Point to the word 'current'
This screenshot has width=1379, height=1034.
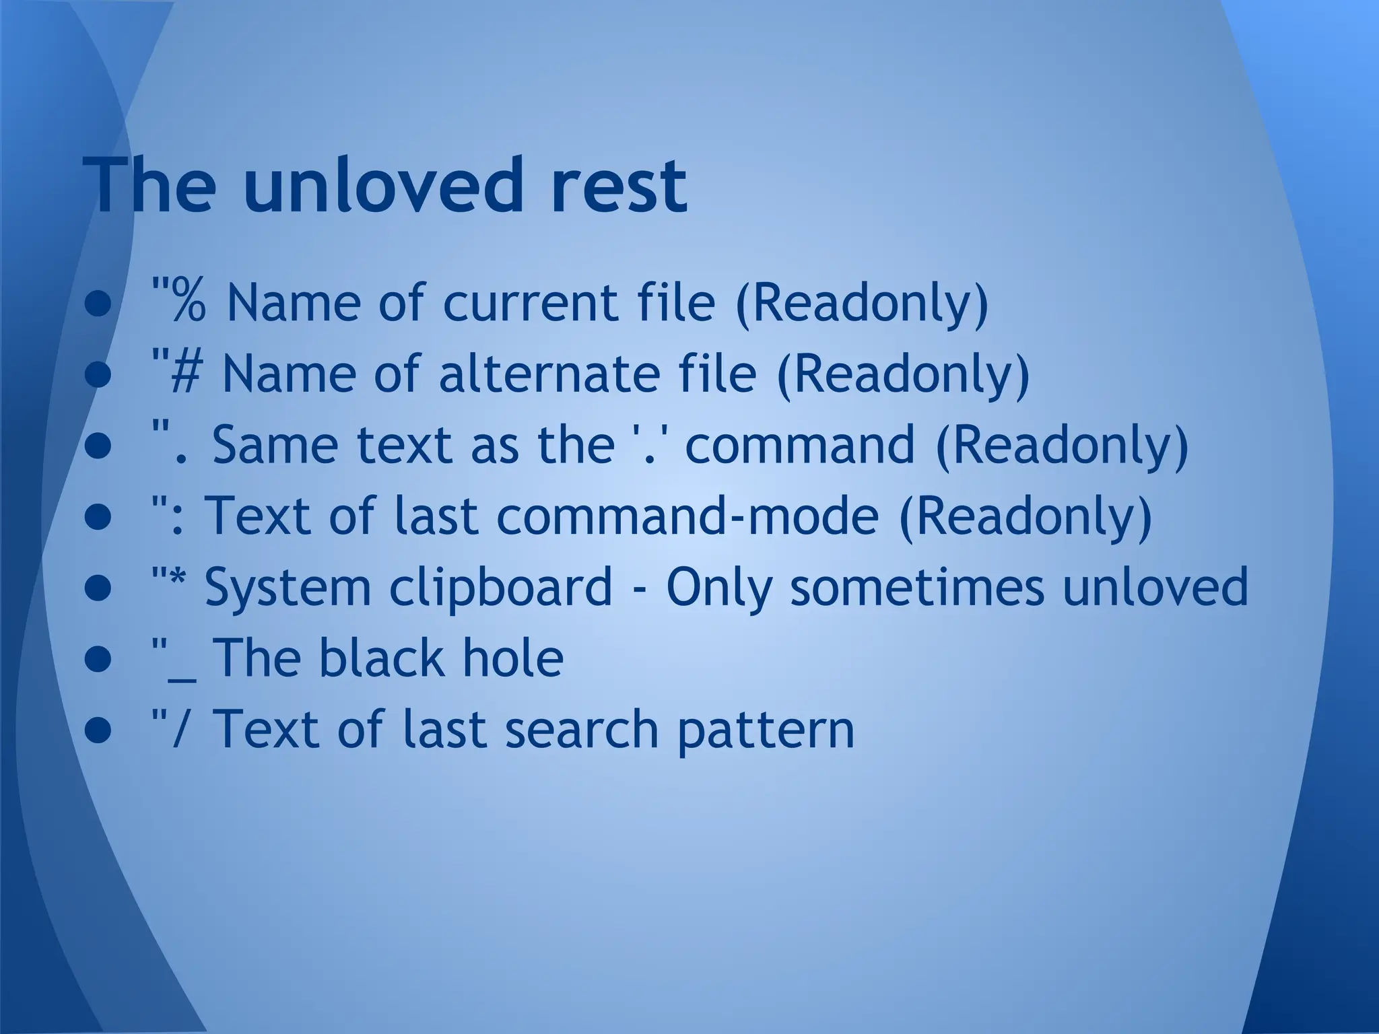point(529,302)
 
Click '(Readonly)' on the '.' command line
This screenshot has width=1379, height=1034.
point(1062,445)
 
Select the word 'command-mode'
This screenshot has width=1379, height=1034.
point(687,516)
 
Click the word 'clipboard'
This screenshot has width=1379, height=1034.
point(501,587)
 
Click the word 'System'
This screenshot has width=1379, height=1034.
point(288,587)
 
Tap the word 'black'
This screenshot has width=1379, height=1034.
point(380,658)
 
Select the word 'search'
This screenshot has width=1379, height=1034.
point(582,730)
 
